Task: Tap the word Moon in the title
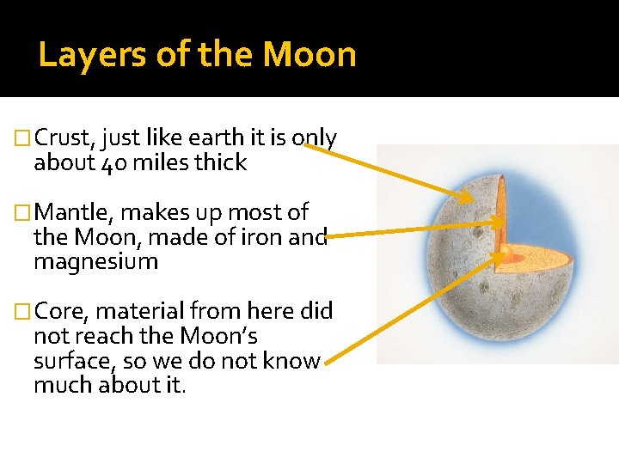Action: (x=309, y=54)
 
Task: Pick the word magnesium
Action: (x=95, y=261)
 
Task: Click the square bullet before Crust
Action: (x=24, y=138)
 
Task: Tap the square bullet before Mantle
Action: (x=24, y=212)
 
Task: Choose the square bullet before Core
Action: (x=24, y=312)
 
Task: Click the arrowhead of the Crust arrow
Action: (x=468, y=199)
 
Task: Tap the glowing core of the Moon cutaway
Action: (x=508, y=253)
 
